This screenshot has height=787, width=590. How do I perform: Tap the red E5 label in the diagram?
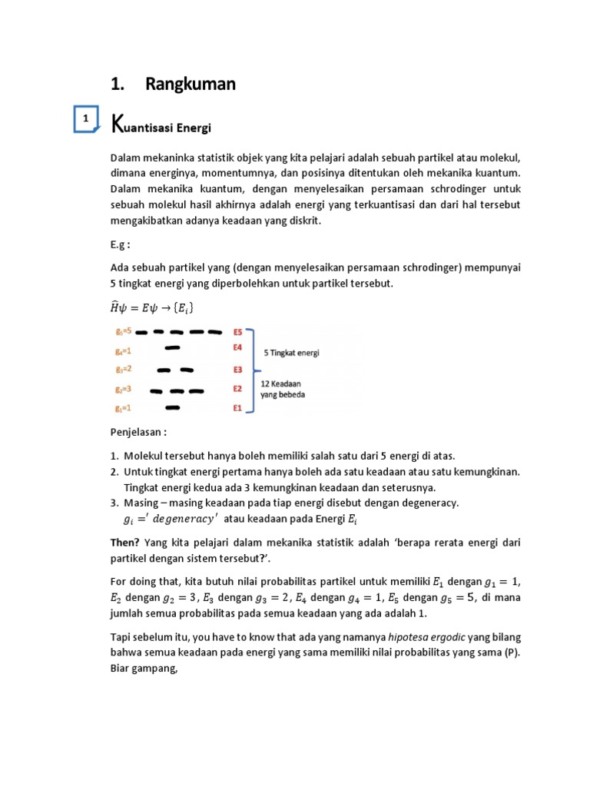click(x=238, y=332)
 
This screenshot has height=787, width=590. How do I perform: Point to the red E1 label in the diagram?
click(x=238, y=407)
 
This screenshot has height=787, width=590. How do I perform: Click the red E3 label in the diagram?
click(x=238, y=370)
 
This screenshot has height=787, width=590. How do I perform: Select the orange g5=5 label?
click(x=123, y=332)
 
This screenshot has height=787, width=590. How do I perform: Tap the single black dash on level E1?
click(x=173, y=407)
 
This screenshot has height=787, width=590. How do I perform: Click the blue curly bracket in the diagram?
click(x=253, y=370)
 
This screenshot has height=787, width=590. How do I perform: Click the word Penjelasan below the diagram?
click(x=138, y=433)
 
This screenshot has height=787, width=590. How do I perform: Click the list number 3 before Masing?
click(x=115, y=503)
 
